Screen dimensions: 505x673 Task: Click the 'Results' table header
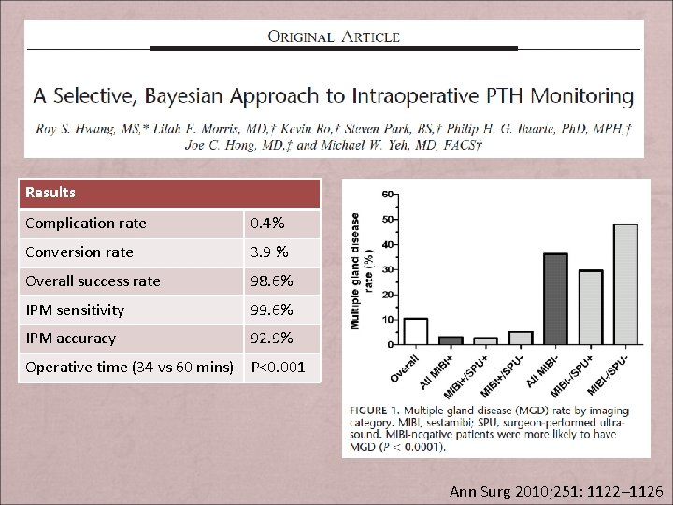(x=50, y=193)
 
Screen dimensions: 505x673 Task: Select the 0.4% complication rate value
(x=266, y=224)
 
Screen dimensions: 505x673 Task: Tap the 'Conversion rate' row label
(x=79, y=252)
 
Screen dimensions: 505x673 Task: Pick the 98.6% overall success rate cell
(x=272, y=281)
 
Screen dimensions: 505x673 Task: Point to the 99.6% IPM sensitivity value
(x=272, y=310)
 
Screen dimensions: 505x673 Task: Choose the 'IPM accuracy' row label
(x=71, y=339)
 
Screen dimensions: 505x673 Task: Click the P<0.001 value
(x=278, y=367)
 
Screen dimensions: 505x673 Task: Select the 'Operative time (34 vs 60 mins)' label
(x=129, y=367)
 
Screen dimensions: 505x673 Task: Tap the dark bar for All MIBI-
(x=555, y=299)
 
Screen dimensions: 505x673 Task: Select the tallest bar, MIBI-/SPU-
(x=625, y=284)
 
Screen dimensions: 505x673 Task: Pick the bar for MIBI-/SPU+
(x=591, y=308)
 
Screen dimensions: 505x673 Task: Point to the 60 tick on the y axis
(x=387, y=195)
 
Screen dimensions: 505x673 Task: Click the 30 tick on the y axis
(x=387, y=270)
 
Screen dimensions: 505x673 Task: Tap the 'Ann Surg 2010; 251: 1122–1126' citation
(x=555, y=491)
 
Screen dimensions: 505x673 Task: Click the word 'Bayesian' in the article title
(x=258, y=95)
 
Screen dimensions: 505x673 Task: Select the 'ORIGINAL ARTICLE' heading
(x=334, y=37)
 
